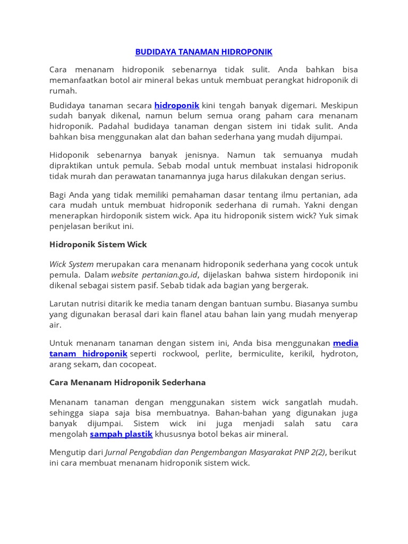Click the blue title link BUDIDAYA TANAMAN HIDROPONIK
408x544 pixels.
click(x=203, y=52)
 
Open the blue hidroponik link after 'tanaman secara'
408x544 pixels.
click(x=177, y=105)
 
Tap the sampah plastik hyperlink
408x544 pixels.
click(x=121, y=434)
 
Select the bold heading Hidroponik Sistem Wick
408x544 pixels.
click(x=98, y=244)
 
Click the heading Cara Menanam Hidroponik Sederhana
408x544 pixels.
click(x=127, y=382)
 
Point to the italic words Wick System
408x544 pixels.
click(x=71, y=264)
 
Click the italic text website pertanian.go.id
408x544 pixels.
click(x=161, y=275)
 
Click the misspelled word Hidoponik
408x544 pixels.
click(x=71, y=155)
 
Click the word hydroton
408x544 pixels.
click(x=339, y=354)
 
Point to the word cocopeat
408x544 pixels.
click(x=140, y=364)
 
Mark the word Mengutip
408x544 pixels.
click(x=68, y=452)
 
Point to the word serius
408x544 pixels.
click(x=332, y=176)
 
